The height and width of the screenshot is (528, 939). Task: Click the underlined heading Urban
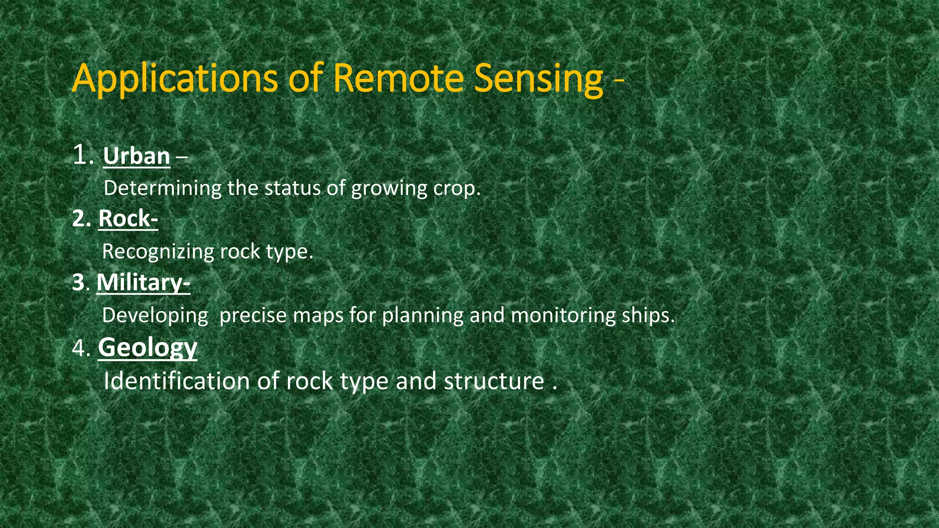pyautogui.click(x=137, y=157)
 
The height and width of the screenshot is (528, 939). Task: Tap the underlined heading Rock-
pyautogui.click(x=128, y=219)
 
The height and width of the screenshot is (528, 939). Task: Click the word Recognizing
pyautogui.click(x=158, y=252)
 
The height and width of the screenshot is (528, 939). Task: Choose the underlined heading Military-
pyautogui.click(x=143, y=282)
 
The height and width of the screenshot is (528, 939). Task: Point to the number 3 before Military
pyautogui.click(x=78, y=283)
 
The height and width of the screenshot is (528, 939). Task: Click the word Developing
pyautogui.click(x=155, y=316)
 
